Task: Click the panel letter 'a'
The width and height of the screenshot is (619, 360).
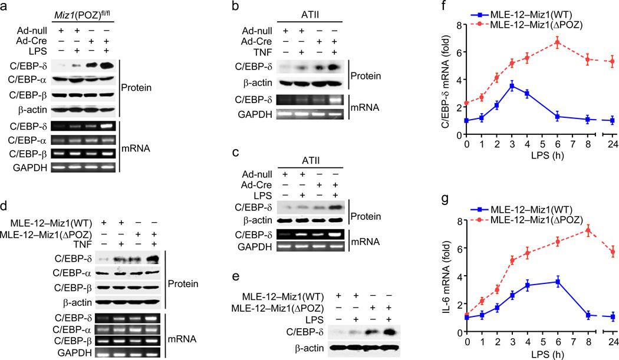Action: [5, 7]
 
